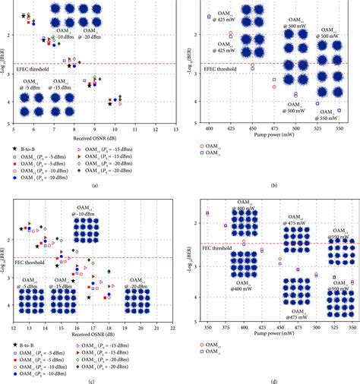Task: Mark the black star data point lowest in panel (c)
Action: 89,298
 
